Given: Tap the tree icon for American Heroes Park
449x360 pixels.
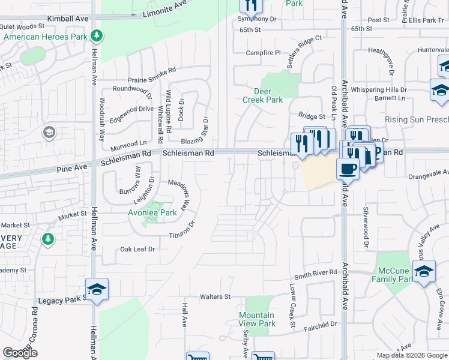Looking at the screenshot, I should pos(96,36).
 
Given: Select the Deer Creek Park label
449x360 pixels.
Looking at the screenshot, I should pos(262,95).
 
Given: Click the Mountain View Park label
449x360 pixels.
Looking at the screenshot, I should pos(256,319).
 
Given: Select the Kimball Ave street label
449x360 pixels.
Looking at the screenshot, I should pos(67,19).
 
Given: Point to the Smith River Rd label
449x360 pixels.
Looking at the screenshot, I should pos(315,273).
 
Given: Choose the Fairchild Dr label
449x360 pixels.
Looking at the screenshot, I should pos(320,325).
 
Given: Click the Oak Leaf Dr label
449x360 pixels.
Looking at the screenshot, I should pos(137,248).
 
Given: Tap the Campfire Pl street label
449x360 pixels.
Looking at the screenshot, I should pos(264,53).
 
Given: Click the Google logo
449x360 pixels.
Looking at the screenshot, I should pos(20,353).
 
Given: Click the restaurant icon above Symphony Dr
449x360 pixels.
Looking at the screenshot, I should pos(251,5).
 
